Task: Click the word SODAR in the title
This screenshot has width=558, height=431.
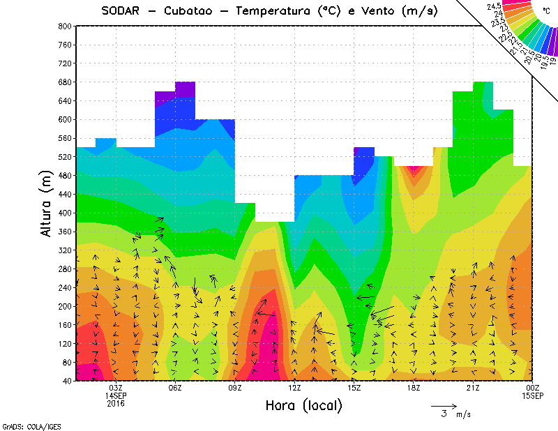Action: (x=121, y=11)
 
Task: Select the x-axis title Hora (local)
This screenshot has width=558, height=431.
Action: (x=303, y=405)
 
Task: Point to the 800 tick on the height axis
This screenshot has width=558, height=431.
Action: (x=64, y=26)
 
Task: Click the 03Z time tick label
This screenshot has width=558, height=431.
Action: (x=116, y=388)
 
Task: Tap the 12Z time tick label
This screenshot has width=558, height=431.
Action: (x=294, y=388)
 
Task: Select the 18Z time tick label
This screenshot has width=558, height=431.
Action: (x=414, y=388)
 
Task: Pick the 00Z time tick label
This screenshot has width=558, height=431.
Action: (x=533, y=388)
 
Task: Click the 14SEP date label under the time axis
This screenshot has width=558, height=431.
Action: (x=116, y=395)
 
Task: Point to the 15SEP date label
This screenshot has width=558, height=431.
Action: (x=533, y=395)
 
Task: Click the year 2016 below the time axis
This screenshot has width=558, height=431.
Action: (x=116, y=403)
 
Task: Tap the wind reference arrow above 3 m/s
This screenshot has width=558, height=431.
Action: (x=444, y=404)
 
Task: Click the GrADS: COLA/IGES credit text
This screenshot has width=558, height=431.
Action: (x=26, y=425)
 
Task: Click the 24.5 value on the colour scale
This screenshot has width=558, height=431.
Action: (x=496, y=6)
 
